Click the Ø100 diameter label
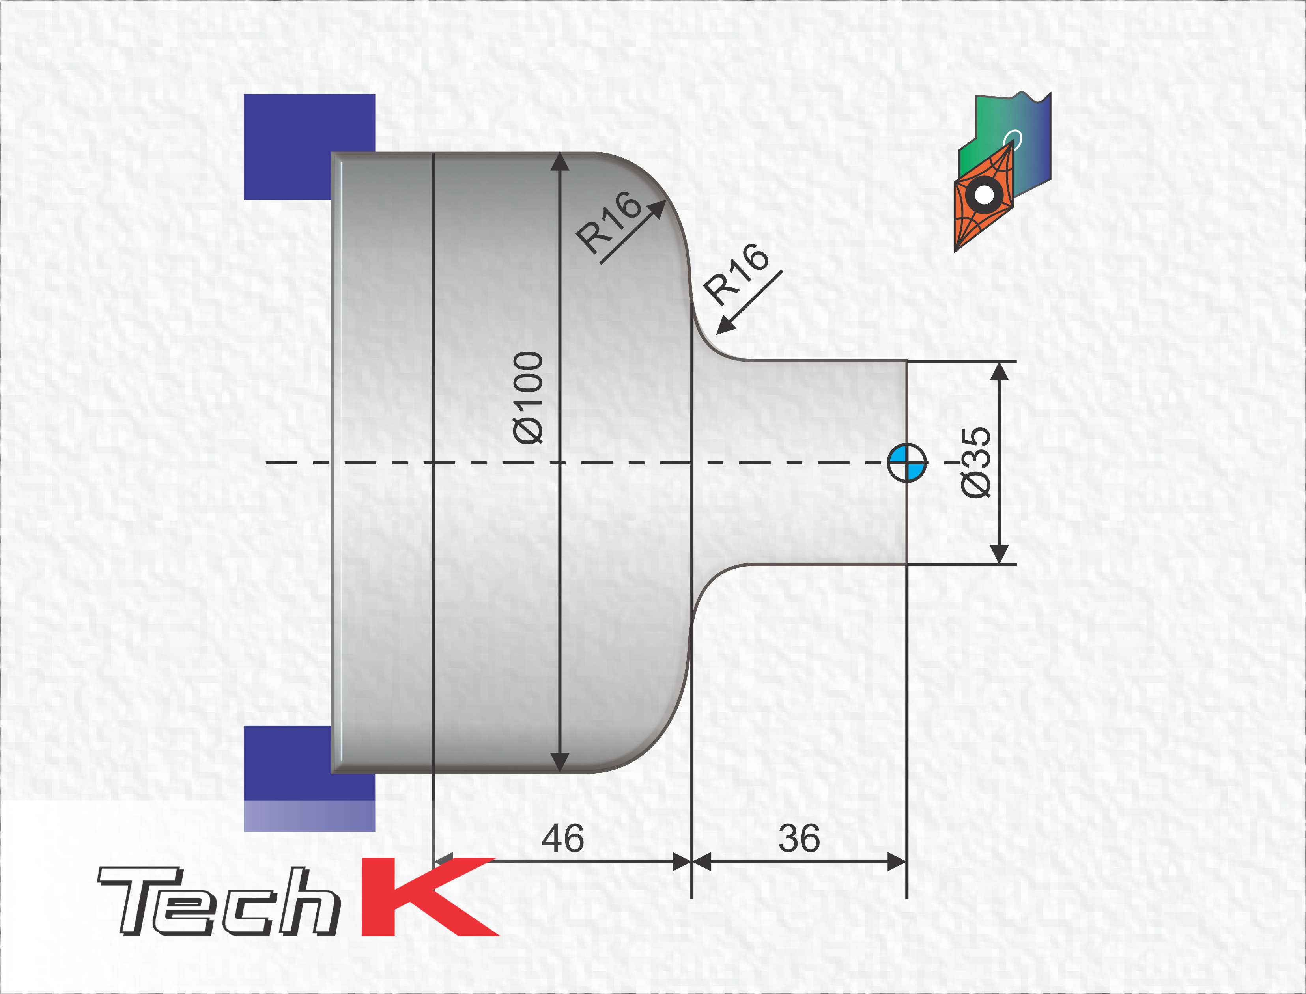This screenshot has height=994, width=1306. tap(529, 397)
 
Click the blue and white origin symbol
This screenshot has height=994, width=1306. tap(907, 462)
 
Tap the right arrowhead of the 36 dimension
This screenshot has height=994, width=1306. tap(898, 862)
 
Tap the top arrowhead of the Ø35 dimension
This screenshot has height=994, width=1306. tap(1000, 370)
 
